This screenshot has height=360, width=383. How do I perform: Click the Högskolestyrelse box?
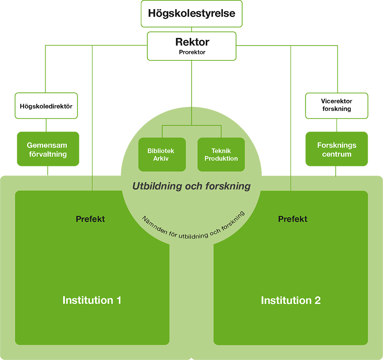point(191,14)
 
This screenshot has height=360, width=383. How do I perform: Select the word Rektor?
point(192,42)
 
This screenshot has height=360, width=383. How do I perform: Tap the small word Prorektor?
point(192,52)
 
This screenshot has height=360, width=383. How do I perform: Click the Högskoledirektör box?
point(46,106)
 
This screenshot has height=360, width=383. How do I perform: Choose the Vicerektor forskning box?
point(336,105)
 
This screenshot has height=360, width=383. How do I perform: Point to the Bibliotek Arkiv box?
point(162,155)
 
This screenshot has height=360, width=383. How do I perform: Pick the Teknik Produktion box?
point(221,155)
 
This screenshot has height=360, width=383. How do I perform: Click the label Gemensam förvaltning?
point(47,150)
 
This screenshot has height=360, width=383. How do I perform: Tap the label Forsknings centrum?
point(336,150)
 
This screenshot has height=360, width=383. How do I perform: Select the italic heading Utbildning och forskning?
point(191,186)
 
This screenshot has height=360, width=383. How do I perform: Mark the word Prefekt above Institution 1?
point(90,219)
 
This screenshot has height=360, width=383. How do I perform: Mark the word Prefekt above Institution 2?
point(293,219)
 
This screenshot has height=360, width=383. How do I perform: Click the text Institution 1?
point(92,300)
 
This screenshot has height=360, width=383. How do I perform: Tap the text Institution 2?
point(291,300)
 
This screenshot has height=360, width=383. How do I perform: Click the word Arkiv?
point(161,158)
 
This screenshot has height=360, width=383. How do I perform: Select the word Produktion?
point(221,158)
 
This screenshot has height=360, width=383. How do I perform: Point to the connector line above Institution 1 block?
point(92,183)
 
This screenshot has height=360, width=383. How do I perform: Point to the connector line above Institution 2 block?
point(291,183)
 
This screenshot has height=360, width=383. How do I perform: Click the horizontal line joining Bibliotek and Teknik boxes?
point(191,125)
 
